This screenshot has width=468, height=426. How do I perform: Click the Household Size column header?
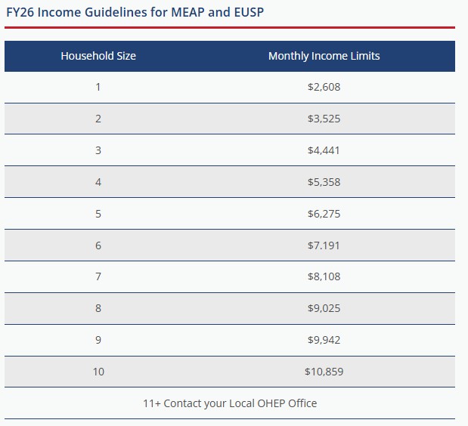(98, 56)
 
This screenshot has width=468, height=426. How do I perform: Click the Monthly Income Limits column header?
(324, 56)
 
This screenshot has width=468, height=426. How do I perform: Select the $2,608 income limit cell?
(324, 87)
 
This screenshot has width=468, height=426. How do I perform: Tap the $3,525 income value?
(324, 119)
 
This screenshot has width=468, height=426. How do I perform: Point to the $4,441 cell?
(324, 150)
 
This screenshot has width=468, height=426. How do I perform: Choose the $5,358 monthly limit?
(324, 182)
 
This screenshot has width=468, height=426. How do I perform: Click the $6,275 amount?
(324, 214)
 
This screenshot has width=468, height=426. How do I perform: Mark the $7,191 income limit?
(324, 245)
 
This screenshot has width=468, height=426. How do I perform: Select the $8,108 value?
(324, 276)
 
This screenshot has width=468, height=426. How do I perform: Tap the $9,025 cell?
(324, 308)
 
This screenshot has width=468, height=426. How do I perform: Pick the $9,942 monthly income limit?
(324, 340)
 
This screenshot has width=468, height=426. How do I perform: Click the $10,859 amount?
(324, 372)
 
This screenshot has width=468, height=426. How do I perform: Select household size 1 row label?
(98, 87)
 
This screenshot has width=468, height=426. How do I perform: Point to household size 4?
(98, 182)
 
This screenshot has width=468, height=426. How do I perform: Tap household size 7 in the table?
(98, 276)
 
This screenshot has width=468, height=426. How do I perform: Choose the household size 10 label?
(98, 372)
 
